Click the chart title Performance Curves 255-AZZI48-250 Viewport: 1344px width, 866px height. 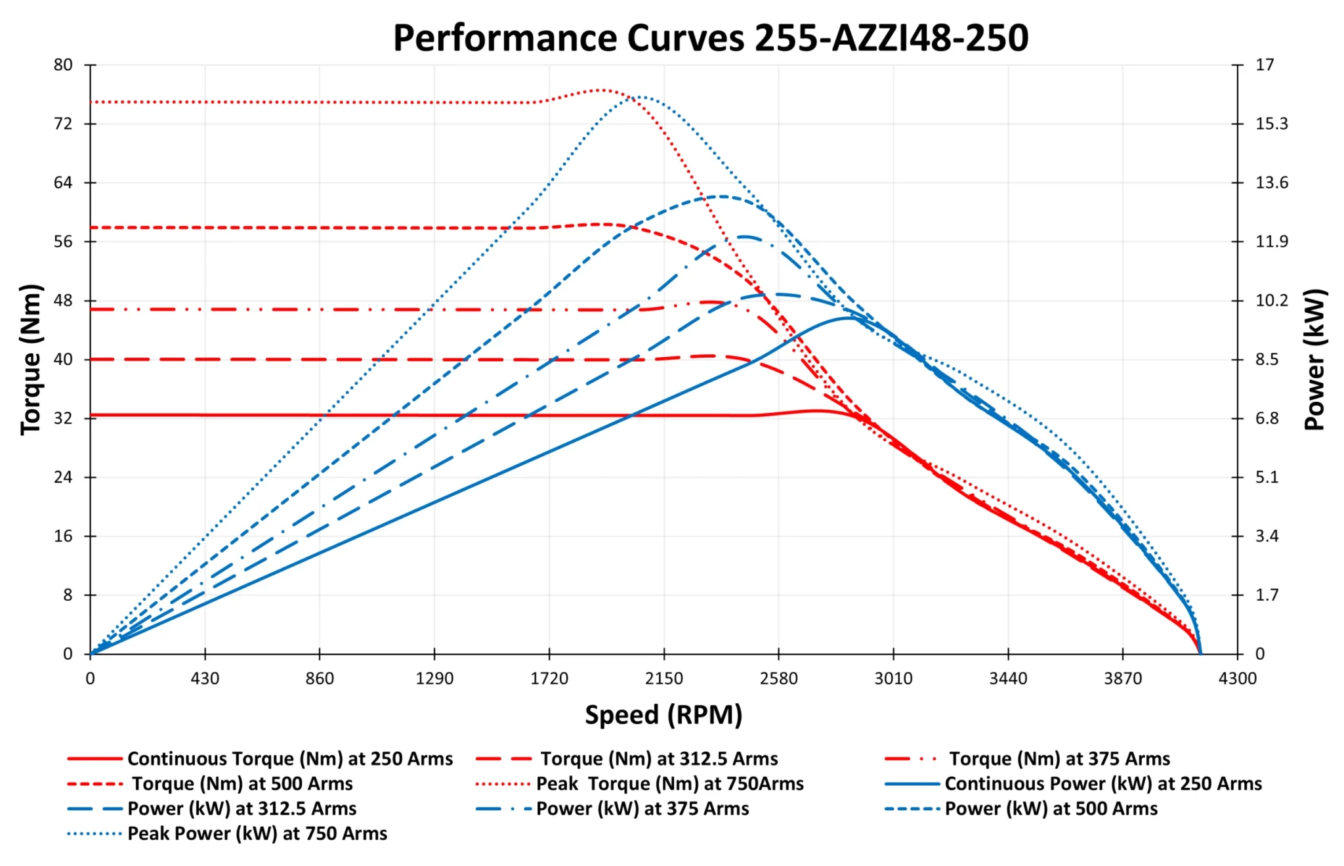(x=710, y=37)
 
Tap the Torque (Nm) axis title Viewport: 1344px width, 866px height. (x=31, y=359)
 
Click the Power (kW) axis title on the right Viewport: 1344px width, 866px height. (x=1314, y=359)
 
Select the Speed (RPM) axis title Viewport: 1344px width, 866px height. (x=663, y=714)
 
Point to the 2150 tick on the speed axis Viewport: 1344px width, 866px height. (x=663, y=678)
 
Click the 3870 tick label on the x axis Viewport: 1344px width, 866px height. (x=1122, y=678)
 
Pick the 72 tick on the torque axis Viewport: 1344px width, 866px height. (x=63, y=123)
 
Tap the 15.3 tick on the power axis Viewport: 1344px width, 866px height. (x=1271, y=123)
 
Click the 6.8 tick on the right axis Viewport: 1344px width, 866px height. (x=1267, y=418)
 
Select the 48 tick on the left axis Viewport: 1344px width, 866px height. (x=63, y=301)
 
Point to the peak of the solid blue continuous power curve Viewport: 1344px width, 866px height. (x=848, y=318)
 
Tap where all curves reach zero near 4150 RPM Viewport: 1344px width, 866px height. (x=1200, y=653)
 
